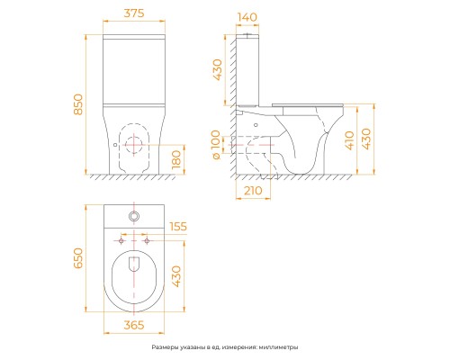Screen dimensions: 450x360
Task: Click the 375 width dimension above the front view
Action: pos(134,13)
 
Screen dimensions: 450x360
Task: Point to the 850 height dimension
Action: pos(78,104)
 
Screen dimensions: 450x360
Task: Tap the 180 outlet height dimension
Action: pos(176,159)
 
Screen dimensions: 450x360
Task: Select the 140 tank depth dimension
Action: pos(247,17)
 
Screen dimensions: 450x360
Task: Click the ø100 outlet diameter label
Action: pos(216,145)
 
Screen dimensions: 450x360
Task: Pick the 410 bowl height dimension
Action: pos(349,140)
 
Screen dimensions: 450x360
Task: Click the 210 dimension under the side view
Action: pos(253,191)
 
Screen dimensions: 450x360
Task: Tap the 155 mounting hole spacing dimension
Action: pos(178,227)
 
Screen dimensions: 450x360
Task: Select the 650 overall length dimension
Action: pos(78,258)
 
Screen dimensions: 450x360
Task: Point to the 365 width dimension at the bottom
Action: pos(134,325)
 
